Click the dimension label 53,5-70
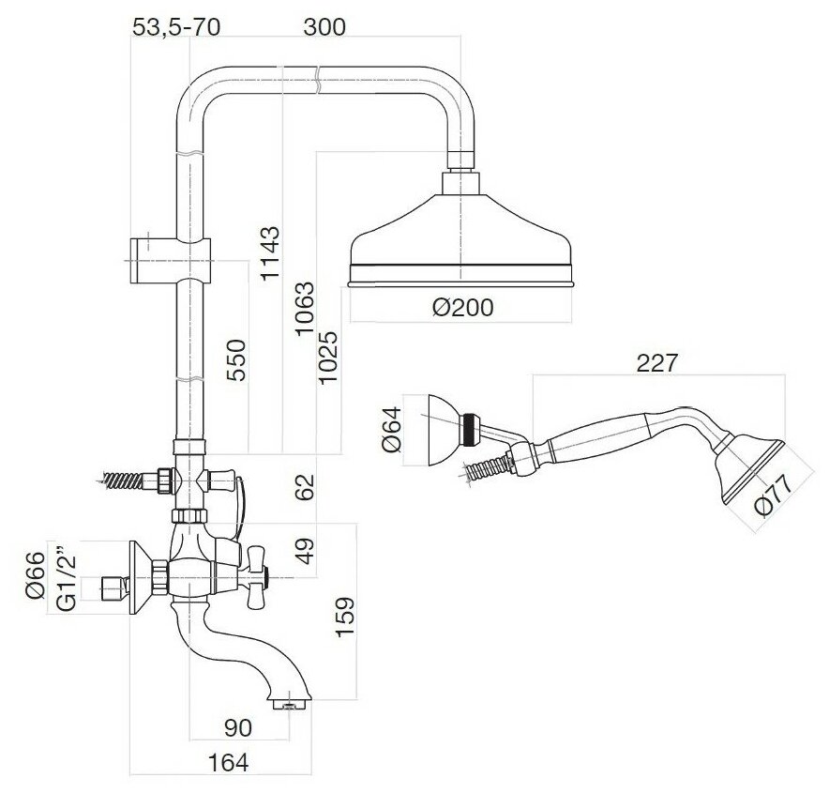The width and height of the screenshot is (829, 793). [176, 27]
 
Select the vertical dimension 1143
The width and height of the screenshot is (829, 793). [270, 253]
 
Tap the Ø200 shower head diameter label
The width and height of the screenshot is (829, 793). [462, 307]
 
